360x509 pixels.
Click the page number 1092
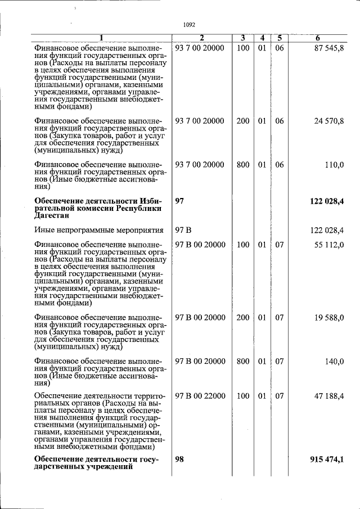(189, 24)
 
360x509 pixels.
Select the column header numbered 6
(318, 38)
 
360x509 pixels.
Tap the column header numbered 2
(201, 38)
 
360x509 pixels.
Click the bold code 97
(180, 201)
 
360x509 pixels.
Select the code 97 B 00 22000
(200, 397)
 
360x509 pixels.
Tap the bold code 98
(180, 460)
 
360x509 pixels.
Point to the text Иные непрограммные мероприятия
(98, 230)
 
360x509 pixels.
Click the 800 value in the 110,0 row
(243, 165)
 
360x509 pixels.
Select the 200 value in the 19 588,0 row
(243, 317)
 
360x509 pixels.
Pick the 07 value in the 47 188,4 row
(280, 397)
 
